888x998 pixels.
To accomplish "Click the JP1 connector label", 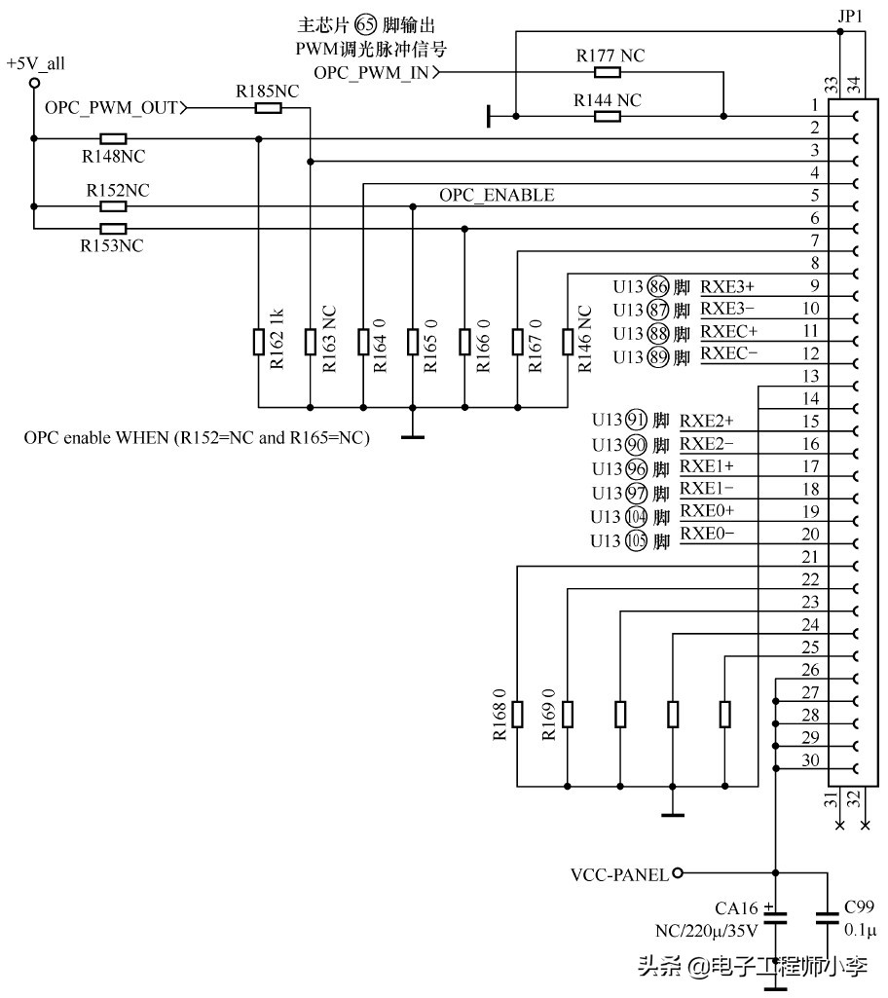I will click(848, 17).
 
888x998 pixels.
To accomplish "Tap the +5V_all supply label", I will click(35, 64).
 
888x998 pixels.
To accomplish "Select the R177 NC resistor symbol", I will click(608, 72).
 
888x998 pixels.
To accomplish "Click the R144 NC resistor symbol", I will click(608, 117).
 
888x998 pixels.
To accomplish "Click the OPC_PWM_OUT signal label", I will click(111, 108).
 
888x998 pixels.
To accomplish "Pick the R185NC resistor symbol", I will click(268, 108).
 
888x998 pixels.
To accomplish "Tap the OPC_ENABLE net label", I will click(497, 196).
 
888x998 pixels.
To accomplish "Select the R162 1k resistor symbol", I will click(259, 342).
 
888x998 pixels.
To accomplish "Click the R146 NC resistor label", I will click(585, 341).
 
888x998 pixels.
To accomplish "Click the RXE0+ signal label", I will click(708, 511).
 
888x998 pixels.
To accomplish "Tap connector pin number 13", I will click(810, 376).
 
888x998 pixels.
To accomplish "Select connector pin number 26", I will click(810, 670).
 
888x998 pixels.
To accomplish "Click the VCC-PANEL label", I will click(619, 873).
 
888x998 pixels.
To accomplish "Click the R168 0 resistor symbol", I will click(517, 714).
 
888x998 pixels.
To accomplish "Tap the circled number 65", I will click(367, 27).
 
